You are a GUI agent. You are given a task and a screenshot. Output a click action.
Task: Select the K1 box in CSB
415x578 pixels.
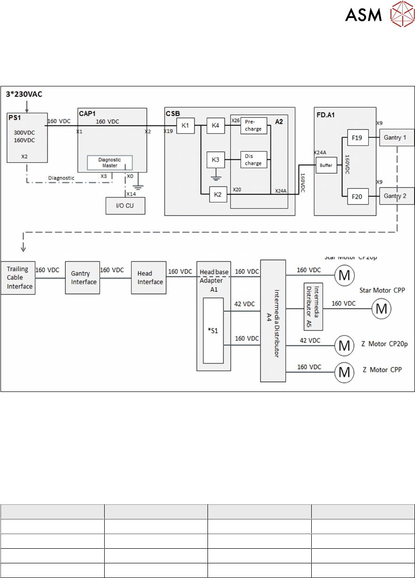tap(185, 126)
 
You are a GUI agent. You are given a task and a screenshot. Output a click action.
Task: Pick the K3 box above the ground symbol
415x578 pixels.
tap(216, 160)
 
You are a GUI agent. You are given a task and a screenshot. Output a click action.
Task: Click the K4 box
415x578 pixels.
tap(216, 126)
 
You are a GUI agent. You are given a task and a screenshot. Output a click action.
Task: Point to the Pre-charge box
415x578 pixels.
tap(253, 126)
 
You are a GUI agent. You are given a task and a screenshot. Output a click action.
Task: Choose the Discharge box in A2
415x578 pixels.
tap(253, 160)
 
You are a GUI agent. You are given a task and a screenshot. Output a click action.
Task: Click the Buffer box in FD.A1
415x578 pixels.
tap(326, 166)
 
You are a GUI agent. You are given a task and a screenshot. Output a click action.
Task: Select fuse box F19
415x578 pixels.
tap(357, 139)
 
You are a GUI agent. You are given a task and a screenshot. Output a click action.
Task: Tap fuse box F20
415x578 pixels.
tap(357, 196)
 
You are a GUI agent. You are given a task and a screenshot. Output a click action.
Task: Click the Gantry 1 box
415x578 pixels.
tap(397, 137)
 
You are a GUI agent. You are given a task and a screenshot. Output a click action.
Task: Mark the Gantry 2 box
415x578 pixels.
tap(397, 195)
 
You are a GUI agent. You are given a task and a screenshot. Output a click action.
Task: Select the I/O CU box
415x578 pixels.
tap(125, 206)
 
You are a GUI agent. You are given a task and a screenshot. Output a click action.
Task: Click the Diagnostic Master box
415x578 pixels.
tap(109, 163)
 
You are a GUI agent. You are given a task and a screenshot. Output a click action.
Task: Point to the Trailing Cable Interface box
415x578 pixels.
tap(17, 278)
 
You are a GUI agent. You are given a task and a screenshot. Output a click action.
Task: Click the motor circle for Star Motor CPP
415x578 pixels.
tap(382, 309)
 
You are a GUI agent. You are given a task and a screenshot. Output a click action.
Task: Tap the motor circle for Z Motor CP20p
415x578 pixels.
tap(344, 346)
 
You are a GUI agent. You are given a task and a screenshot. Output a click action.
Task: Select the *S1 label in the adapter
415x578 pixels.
tap(214, 330)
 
